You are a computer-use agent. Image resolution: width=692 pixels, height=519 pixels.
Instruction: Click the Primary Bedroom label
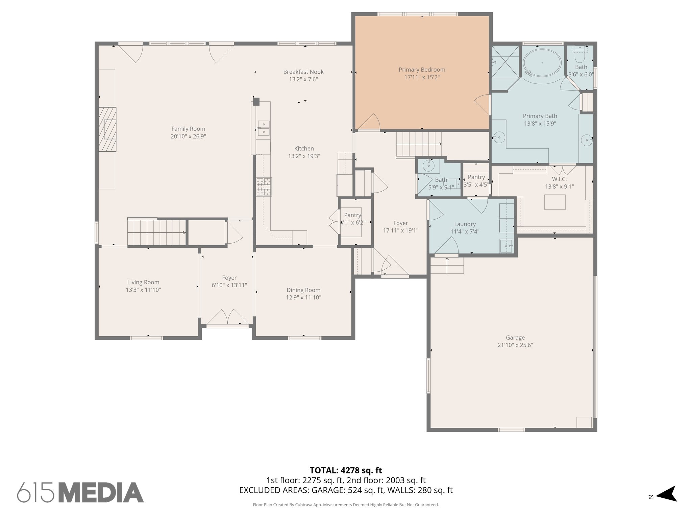(x=422, y=70)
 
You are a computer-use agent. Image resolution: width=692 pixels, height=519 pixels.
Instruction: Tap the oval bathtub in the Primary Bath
(x=542, y=63)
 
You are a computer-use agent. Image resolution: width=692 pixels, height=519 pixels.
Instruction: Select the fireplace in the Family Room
(x=108, y=129)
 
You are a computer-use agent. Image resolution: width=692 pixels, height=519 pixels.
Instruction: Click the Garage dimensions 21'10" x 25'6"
(x=515, y=345)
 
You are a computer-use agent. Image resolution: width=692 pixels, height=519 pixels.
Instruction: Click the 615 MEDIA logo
(x=80, y=493)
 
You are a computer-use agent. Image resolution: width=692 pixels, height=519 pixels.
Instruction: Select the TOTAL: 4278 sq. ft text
(x=346, y=470)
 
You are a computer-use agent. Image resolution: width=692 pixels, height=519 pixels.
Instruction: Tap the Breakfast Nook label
(x=303, y=72)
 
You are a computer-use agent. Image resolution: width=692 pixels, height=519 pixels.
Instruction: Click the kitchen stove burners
(x=264, y=187)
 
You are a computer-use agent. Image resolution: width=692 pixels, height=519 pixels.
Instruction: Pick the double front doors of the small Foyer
(x=227, y=317)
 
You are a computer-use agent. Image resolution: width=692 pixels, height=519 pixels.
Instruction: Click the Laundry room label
(x=465, y=224)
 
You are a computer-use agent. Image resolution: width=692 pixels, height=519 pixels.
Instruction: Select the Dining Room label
(x=303, y=290)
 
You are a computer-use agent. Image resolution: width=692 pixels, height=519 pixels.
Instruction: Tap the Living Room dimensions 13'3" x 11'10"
(x=143, y=290)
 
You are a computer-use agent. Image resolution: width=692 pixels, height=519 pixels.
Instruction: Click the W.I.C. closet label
(x=559, y=179)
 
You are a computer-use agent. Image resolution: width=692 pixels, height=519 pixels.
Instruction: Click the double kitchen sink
(x=263, y=128)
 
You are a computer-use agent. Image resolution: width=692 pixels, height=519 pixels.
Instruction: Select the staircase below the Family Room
(x=156, y=232)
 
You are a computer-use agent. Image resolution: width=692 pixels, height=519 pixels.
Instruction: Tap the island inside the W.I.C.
(x=554, y=202)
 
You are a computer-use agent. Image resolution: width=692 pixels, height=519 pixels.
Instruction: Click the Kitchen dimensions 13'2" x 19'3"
(x=304, y=156)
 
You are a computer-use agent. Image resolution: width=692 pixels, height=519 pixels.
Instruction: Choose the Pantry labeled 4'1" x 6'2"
(x=352, y=219)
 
